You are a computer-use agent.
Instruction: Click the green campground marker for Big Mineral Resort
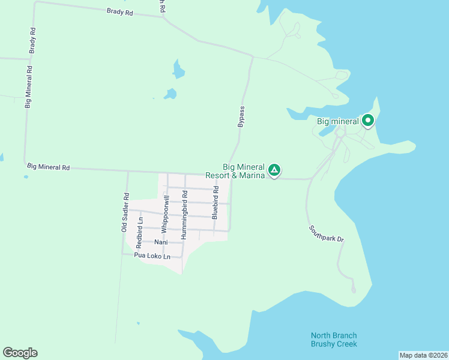tap(274, 170)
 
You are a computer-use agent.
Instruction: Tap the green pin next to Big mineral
tap(367, 121)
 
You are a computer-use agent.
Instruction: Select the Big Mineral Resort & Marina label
tap(244, 171)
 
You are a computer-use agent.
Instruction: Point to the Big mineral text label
tap(337, 121)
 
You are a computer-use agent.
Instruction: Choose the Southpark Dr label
tap(327, 234)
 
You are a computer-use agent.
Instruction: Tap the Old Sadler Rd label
tap(125, 212)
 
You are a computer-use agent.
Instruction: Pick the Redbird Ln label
tap(139, 233)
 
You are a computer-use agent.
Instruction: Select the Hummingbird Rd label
tap(185, 215)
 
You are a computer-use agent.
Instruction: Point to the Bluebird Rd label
tap(214, 202)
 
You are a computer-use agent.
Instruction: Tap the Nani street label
tap(160, 242)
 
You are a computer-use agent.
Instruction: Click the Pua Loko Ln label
tap(152, 256)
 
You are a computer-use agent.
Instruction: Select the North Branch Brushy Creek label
tap(334, 340)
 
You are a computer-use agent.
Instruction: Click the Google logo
tap(20, 353)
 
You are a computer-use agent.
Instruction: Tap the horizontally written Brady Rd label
tap(119, 11)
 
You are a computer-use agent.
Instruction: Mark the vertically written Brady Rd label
tap(33, 40)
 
